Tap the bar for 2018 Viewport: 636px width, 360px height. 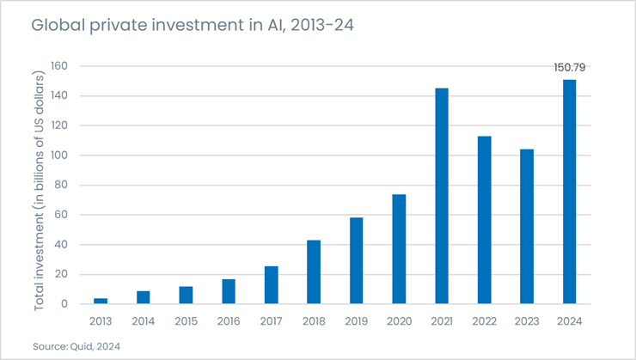(x=314, y=272)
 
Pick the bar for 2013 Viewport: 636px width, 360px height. (x=101, y=301)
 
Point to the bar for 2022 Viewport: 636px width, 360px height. (x=484, y=220)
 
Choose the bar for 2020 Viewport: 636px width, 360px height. (x=399, y=249)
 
